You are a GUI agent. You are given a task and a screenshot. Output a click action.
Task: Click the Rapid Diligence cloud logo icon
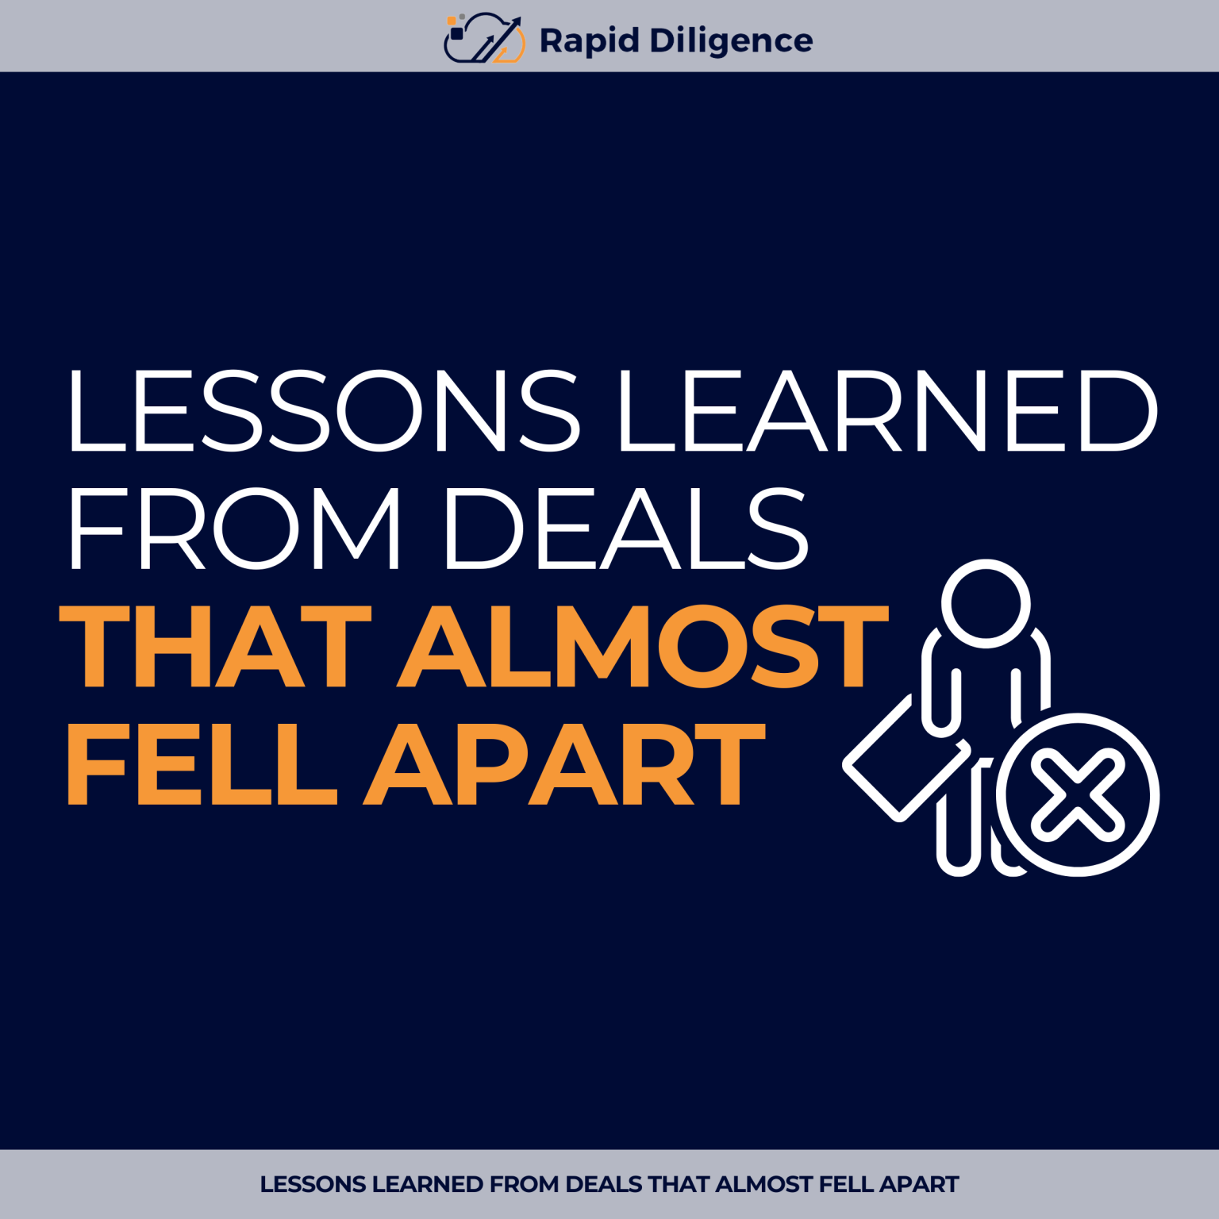[x=483, y=38]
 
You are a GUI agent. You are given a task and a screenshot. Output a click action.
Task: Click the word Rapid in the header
[x=589, y=40]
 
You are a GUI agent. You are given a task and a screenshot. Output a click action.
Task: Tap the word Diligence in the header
[x=731, y=40]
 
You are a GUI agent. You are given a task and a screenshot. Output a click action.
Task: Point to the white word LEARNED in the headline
[x=887, y=410]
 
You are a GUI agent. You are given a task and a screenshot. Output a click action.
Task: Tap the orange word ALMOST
[x=643, y=646]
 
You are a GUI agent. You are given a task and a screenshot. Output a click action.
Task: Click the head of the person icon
[x=986, y=603]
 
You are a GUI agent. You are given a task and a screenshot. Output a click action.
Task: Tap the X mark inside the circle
[x=1077, y=796]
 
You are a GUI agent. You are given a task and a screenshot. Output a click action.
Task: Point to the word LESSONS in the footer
[x=313, y=1184]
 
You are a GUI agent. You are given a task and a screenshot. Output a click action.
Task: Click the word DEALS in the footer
[x=604, y=1184]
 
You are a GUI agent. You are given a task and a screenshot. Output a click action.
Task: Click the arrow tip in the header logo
[x=517, y=20]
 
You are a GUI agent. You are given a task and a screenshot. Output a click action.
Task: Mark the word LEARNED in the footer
[x=428, y=1184]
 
